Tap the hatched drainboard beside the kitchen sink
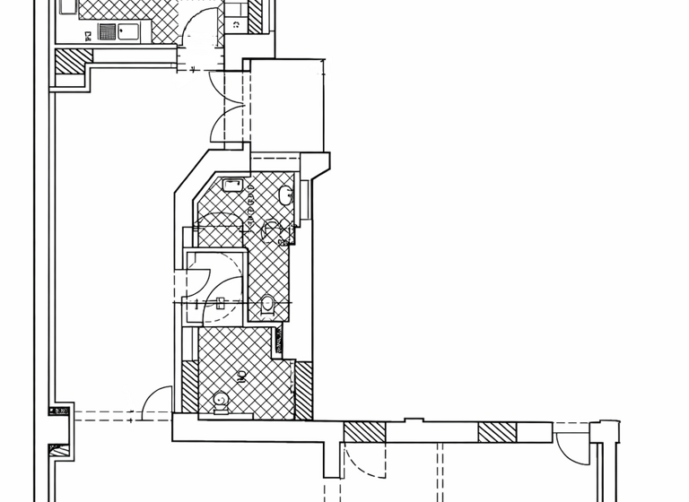pos(106,33)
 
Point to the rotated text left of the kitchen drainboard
pos(87,35)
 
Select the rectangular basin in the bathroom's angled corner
pos(232,186)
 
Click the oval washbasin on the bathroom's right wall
pos(286,195)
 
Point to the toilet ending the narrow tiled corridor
pos(266,305)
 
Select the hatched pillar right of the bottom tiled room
pos(303,389)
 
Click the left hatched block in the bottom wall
pos(364,432)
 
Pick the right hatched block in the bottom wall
pos(496,432)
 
